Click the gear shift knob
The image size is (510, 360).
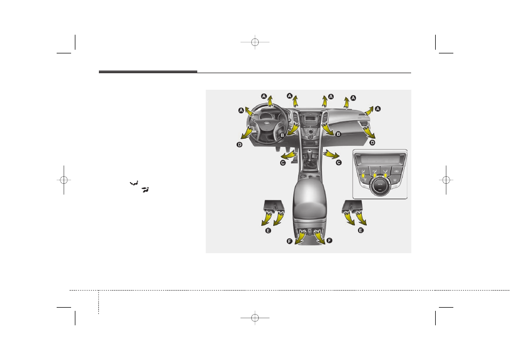pos(310,152)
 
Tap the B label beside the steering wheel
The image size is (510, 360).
pos(282,135)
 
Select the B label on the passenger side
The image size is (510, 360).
pos(338,134)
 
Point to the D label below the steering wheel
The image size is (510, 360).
pos(239,145)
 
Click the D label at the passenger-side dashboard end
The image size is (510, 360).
pos(373,142)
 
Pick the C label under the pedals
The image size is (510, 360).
pos(283,163)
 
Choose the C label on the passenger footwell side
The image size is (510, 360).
pos(338,162)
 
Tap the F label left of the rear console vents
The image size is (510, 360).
pos(289,241)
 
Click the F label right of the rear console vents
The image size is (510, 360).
pos(329,240)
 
